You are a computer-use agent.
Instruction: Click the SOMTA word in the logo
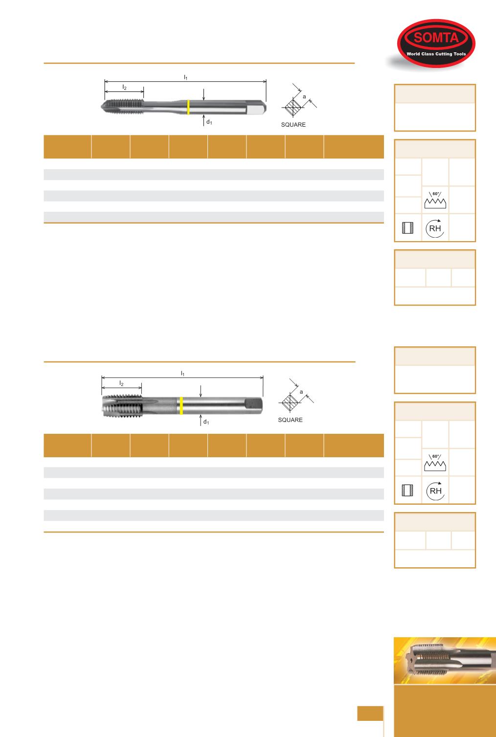pyautogui.click(x=436, y=38)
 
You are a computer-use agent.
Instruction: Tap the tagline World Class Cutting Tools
pyautogui.click(x=436, y=54)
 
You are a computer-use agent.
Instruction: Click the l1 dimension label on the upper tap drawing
pyautogui.click(x=185, y=77)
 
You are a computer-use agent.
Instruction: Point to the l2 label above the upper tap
pyautogui.click(x=124, y=87)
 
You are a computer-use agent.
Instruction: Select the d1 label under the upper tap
pyautogui.click(x=209, y=122)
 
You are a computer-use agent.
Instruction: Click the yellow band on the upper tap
pyautogui.click(x=188, y=107)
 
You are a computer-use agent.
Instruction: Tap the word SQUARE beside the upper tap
pyautogui.click(x=293, y=125)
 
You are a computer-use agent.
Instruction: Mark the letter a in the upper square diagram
pyautogui.click(x=304, y=97)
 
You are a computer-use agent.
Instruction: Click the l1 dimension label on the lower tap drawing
pyautogui.click(x=182, y=374)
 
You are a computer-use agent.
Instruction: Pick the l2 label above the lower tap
pyautogui.click(x=121, y=383)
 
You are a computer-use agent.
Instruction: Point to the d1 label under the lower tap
pyautogui.click(x=206, y=422)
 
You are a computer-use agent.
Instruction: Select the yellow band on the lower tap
pyautogui.click(x=181, y=406)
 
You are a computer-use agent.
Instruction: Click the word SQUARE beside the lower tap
pyautogui.click(x=290, y=420)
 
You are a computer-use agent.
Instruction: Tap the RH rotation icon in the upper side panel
pyautogui.click(x=435, y=228)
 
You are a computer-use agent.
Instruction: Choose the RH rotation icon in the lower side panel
pyautogui.click(x=435, y=491)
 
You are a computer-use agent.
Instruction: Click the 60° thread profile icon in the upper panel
pyautogui.click(x=435, y=200)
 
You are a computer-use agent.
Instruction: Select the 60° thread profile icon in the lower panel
pyautogui.click(x=435, y=463)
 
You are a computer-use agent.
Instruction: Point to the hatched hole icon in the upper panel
pyautogui.click(x=408, y=228)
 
